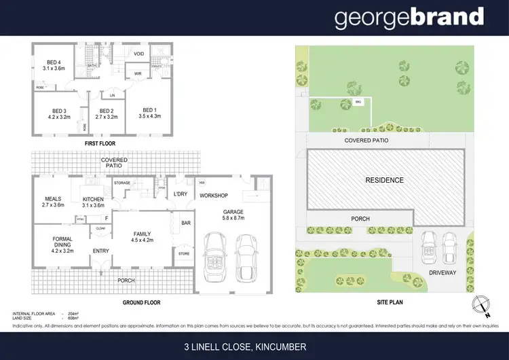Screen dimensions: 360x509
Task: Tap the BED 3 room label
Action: pyautogui.click(x=60, y=111)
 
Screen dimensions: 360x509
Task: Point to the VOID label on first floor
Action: pyautogui.click(x=138, y=54)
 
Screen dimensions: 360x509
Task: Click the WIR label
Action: pyautogui.click(x=138, y=73)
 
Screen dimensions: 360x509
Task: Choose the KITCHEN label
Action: pyautogui.click(x=93, y=199)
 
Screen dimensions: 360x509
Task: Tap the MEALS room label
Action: pyautogui.click(x=53, y=199)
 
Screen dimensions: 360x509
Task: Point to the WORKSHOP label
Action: pyautogui.click(x=213, y=196)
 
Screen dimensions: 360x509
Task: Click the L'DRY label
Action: pyautogui.click(x=180, y=195)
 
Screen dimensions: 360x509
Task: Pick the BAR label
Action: pyautogui.click(x=185, y=222)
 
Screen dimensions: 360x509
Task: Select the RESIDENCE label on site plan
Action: pyautogui.click(x=384, y=181)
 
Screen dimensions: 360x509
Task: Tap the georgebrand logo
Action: pyautogui.click(x=409, y=18)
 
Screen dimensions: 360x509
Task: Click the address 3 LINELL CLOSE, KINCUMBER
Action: pyautogui.click(x=254, y=346)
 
